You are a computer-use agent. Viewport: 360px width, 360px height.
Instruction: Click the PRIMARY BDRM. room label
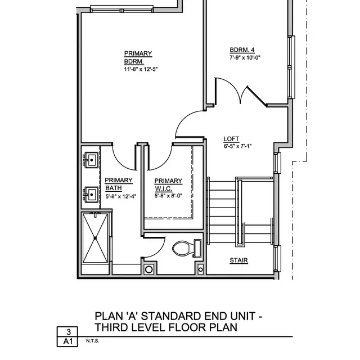click(x=138, y=57)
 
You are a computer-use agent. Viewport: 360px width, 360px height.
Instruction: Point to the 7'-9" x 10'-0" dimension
click(x=245, y=57)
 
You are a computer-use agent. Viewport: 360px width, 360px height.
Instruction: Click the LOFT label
click(x=231, y=139)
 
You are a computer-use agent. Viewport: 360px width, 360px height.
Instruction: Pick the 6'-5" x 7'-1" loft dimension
click(x=237, y=146)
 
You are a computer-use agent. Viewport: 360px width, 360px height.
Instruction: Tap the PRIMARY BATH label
click(x=119, y=184)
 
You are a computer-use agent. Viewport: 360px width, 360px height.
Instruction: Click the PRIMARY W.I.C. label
click(x=169, y=184)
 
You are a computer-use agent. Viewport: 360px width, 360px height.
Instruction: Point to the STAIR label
click(x=238, y=260)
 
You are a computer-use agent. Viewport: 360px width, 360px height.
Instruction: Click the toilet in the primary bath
click(x=184, y=248)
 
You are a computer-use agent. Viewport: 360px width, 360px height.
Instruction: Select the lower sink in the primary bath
click(x=91, y=194)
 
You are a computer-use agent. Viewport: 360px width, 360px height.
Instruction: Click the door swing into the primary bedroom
click(x=187, y=124)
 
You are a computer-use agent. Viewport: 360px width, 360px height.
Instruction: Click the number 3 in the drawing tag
click(x=68, y=332)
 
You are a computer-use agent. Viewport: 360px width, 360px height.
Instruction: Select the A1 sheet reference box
click(x=68, y=341)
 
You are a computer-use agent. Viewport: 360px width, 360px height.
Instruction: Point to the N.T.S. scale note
click(x=92, y=341)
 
